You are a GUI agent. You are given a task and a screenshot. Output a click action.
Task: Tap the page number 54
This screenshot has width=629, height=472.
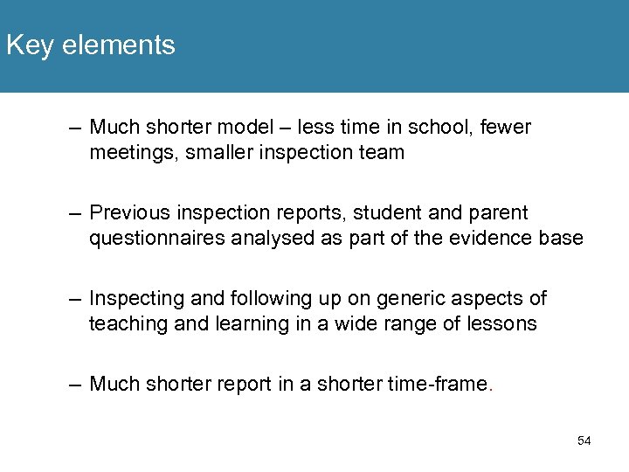tap(584, 441)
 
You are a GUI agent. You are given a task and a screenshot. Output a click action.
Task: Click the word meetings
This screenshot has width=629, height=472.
tap(127, 153)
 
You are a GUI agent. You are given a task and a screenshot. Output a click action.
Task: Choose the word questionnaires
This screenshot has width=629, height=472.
tap(157, 239)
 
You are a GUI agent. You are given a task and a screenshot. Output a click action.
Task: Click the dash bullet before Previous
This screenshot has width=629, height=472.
tap(76, 213)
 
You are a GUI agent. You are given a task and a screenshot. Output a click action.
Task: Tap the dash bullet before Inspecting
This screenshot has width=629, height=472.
tap(76, 299)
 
